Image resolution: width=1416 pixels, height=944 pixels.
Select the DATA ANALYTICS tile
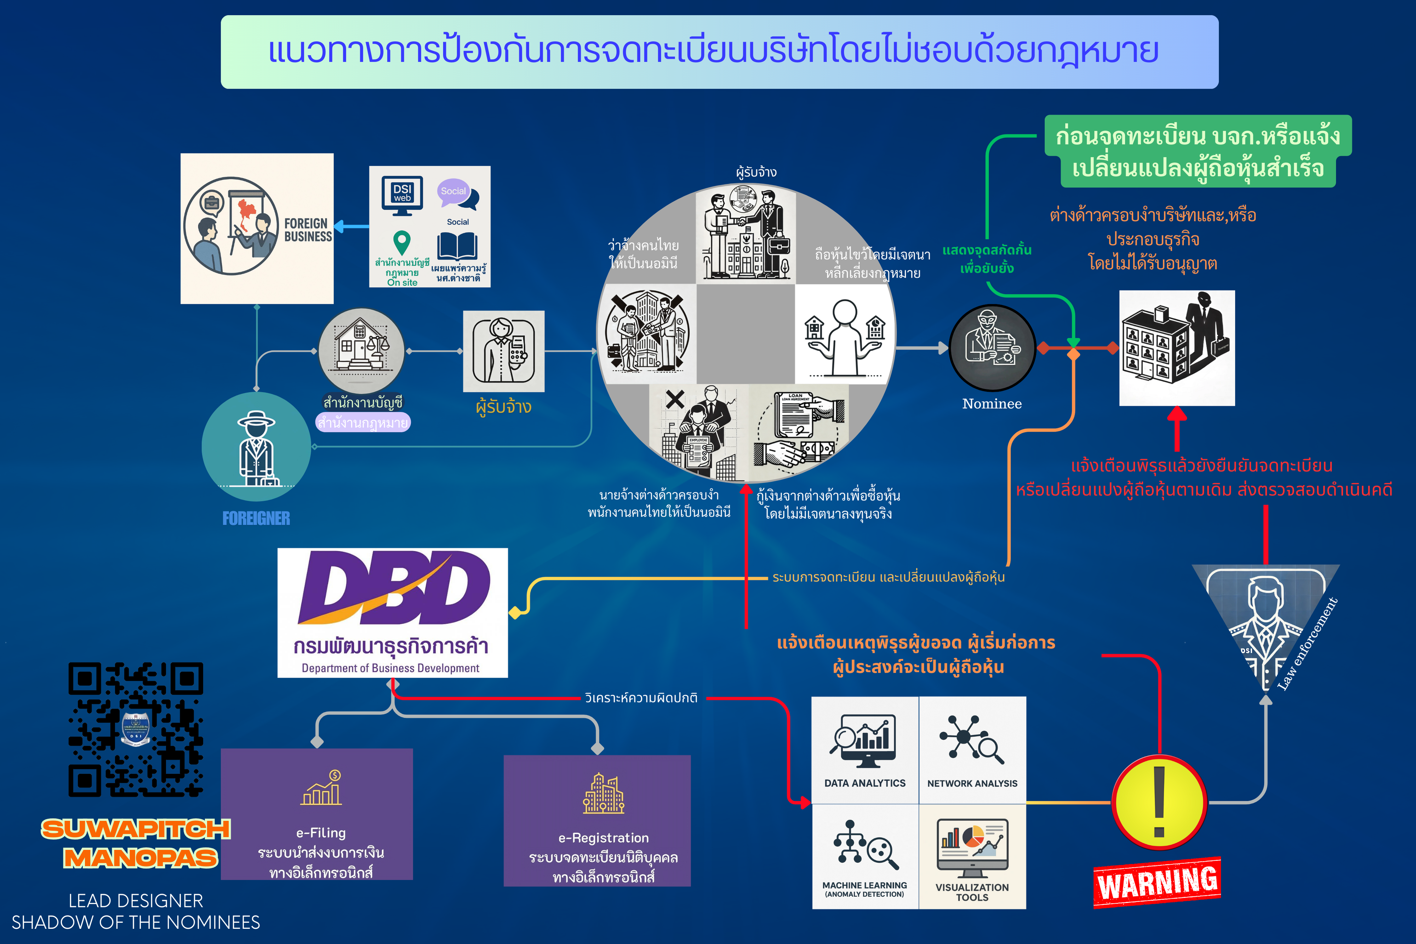coord(865,750)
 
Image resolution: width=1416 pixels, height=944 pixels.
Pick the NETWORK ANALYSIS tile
coord(972,750)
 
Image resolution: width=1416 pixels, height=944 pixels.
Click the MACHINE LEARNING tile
coord(865,856)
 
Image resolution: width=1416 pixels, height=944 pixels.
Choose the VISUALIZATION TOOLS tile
coord(972,856)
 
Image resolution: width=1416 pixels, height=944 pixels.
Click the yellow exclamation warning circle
coord(1158,802)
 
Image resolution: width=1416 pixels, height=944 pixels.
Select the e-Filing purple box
coord(316,814)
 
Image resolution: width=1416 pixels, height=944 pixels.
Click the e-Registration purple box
coord(597,820)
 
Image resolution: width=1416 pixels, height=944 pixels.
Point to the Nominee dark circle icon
coord(992,348)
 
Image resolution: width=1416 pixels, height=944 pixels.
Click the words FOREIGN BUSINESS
coord(308,229)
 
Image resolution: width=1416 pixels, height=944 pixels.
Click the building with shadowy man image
coord(1176,348)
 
